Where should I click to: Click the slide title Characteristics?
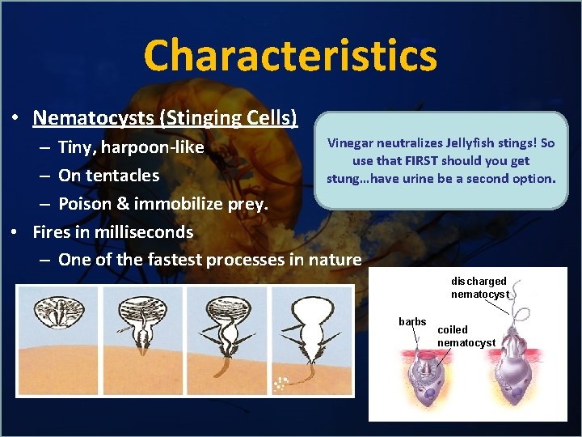click(290, 56)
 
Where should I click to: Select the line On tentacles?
click(108, 176)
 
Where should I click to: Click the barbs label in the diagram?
click(412, 322)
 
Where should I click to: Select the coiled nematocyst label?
click(466, 337)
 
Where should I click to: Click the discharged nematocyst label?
click(479, 287)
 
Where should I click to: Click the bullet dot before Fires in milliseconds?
click(15, 232)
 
